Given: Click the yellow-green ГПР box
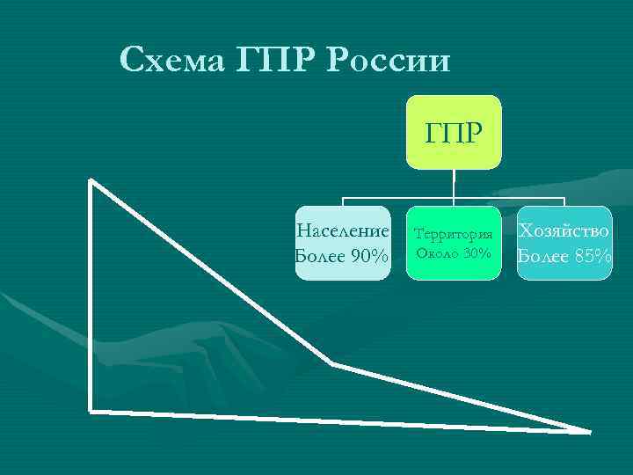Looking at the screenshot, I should click(x=453, y=132).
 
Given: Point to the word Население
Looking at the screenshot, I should click(x=343, y=231).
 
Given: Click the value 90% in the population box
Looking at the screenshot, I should click(x=369, y=256).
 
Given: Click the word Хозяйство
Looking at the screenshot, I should click(x=564, y=231).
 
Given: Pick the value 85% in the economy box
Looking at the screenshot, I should click(x=590, y=256).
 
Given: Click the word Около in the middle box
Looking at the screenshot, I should click(x=434, y=253).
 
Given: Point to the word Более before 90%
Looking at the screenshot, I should click(x=320, y=256).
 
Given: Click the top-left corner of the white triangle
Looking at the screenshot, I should click(x=91, y=181).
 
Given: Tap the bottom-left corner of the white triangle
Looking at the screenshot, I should click(x=91, y=409).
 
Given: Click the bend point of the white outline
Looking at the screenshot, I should click(x=332, y=363).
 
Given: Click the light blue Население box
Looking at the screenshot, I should click(x=343, y=244).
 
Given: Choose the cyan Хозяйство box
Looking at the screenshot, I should click(x=564, y=244).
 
